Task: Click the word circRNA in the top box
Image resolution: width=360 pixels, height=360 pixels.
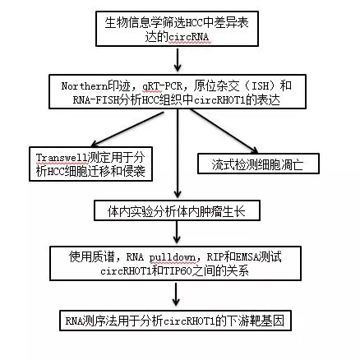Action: tap(188, 37)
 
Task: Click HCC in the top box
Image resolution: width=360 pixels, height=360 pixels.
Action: tap(195, 23)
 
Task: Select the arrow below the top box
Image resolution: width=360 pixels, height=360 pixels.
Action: tap(178, 60)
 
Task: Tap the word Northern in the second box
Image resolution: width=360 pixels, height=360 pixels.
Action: tap(85, 86)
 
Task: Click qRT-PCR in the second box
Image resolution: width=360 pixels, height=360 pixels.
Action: tap(162, 86)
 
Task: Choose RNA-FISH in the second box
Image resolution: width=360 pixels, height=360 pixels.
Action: tap(96, 100)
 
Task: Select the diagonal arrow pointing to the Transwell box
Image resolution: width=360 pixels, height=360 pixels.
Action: tap(127, 129)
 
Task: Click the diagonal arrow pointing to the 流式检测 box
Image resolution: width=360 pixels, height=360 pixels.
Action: tap(224, 131)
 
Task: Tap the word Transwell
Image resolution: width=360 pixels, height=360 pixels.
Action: tap(62, 158)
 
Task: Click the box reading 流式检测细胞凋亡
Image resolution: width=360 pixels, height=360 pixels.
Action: tap(258, 164)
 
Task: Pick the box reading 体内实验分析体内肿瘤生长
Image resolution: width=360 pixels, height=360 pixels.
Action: tap(177, 210)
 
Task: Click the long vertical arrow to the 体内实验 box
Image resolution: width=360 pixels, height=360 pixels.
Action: tap(178, 154)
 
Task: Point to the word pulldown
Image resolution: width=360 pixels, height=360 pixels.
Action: tap(173, 257)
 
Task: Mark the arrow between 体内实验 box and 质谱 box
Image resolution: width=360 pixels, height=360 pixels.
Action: tap(177, 232)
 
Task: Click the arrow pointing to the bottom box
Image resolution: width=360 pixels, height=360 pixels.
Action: tap(176, 294)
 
